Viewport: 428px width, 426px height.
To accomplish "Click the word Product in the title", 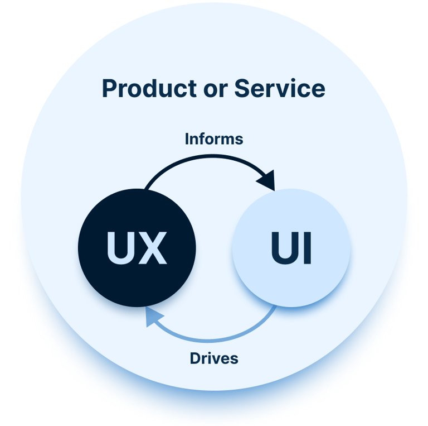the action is [149, 88].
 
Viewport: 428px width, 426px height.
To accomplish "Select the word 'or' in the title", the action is [216, 90].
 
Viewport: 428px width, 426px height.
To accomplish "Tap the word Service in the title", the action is [280, 88].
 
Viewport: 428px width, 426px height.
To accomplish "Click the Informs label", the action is [214, 139].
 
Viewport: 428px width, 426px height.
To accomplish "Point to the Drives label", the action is [214, 358].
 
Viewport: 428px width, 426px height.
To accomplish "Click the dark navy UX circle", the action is [137, 248].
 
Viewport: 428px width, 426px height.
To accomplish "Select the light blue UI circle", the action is [291, 248].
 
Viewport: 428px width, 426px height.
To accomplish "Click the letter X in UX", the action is [153, 248].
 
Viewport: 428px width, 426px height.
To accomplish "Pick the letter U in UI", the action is [285, 248].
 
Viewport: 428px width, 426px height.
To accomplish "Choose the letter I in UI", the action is [308, 248].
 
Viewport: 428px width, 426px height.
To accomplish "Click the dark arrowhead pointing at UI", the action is [267, 180].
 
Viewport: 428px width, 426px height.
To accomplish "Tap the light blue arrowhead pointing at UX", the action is [153, 317].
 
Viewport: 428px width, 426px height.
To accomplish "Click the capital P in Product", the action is [109, 88].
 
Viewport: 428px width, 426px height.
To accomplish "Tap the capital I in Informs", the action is [187, 139].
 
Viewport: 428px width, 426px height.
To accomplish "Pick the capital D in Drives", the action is [196, 358].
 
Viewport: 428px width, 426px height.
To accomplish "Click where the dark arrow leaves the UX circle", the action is [145, 189].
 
